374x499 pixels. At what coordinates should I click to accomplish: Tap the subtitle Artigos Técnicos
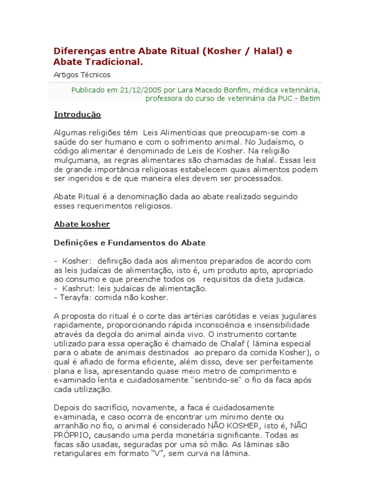click(82, 75)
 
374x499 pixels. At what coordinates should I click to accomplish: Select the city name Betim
click(309, 98)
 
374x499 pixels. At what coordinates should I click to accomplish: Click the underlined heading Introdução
click(77, 115)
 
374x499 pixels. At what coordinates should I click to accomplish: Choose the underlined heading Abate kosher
click(82, 224)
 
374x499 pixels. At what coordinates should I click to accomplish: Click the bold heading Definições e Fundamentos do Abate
click(130, 243)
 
